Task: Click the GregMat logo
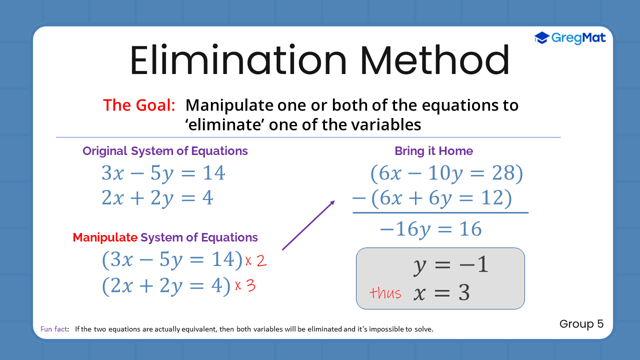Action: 569,38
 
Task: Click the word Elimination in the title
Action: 238,61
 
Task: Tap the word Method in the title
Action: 434,61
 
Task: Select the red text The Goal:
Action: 139,105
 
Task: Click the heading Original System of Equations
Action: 165,151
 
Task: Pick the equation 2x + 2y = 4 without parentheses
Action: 157,198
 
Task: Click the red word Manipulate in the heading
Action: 105,237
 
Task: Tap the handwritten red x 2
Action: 255,260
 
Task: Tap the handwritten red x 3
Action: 245,285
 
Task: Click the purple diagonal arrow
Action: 308,225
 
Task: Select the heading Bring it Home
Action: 433,151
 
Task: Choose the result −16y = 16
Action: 430,229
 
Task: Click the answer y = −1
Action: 450,265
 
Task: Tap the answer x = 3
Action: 441,293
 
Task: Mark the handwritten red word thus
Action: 385,293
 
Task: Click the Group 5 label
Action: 581,324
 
